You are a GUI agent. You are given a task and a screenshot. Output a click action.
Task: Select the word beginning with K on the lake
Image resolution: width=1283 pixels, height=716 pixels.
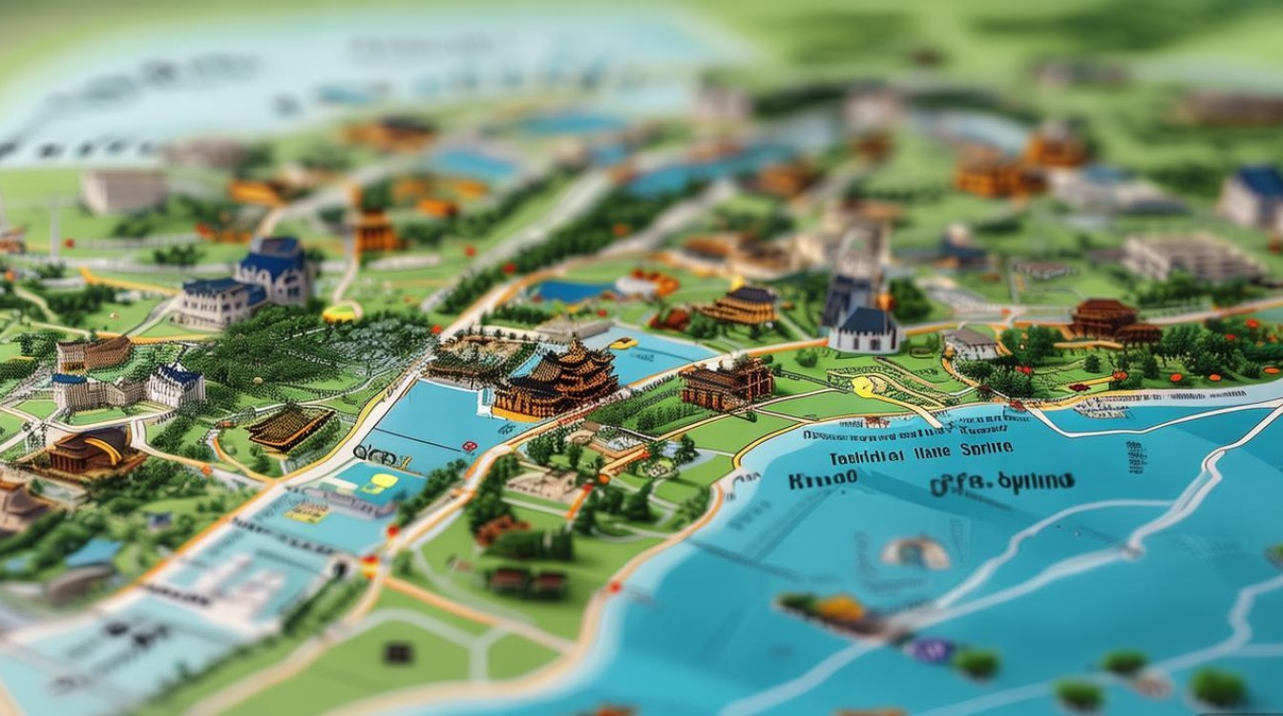pos(818,480)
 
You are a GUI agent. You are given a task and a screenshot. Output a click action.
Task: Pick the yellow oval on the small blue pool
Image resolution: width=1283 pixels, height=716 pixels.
pos(384,481)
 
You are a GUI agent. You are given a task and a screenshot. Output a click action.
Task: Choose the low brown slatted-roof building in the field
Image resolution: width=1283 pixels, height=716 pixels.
pos(290,427)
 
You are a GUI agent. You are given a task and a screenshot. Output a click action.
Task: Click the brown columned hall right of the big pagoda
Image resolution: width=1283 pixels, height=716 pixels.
pos(727,383)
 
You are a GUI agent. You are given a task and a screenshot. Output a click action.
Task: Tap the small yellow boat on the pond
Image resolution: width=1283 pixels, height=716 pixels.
pos(623,343)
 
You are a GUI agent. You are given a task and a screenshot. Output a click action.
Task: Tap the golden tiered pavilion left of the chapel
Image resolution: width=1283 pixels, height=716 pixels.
pos(740,305)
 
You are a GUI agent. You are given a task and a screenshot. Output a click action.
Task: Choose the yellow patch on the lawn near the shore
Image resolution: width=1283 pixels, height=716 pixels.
pos(864,387)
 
